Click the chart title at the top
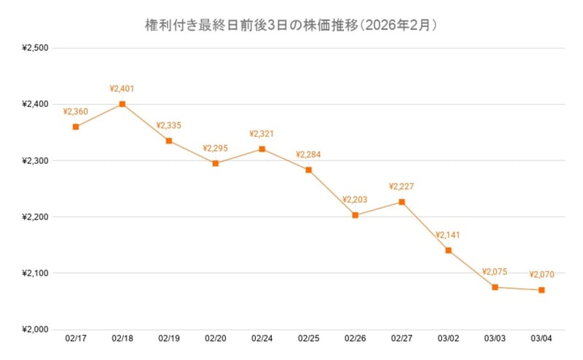(290, 26)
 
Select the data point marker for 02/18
(122, 104)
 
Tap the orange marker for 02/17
(76, 128)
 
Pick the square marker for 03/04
(541, 290)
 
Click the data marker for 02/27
(402, 202)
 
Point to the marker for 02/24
(262, 149)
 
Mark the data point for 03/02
(448, 251)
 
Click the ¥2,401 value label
(122, 88)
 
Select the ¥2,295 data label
(215, 149)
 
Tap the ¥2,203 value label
(355, 200)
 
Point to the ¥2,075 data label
(495, 272)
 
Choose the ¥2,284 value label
(308, 154)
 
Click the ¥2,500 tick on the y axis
(35, 48)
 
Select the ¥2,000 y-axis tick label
(35, 329)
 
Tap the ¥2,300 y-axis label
(35, 161)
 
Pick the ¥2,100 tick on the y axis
(35, 273)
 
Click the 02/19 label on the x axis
(169, 338)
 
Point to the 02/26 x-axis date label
(355, 338)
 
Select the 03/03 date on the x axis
(495, 338)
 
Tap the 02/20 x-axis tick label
(216, 338)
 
